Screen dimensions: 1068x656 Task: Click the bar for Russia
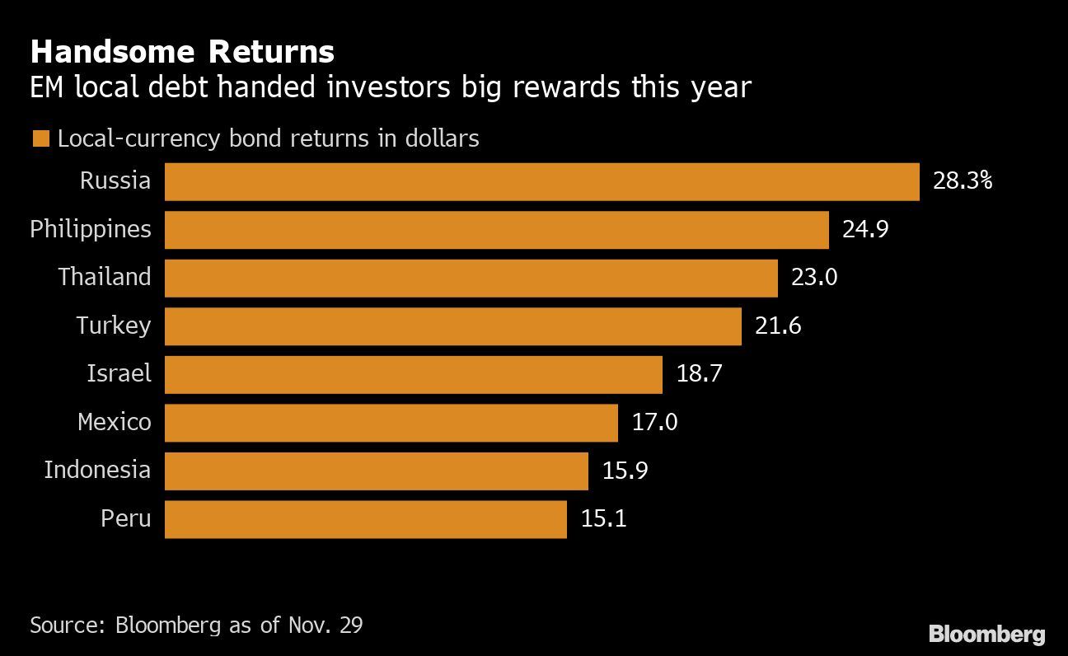pyautogui.click(x=541, y=181)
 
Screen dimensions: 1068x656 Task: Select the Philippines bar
pyautogui.click(x=496, y=230)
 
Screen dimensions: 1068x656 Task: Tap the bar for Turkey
pyautogui.click(x=452, y=326)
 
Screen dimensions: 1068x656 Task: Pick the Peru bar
pyautogui.click(x=365, y=519)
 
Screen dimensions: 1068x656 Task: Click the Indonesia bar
pyautogui.click(x=376, y=471)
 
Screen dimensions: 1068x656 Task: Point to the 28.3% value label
pyautogui.click(x=962, y=181)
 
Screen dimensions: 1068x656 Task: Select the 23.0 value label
pyautogui.click(x=813, y=278)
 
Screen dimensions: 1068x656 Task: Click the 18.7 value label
pyautogui.click(x=699, y=374)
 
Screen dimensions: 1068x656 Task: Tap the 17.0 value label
pyautogui.click(x=654, y=423)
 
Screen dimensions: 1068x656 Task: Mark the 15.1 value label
pyautogui.click(x=603, y=519)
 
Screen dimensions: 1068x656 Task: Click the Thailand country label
pyautogui.click(x=105, y=277)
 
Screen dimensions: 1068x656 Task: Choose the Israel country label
pyautogui.click(x=119, y=373)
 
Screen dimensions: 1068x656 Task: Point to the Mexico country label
pyautogui.click(x=115, y=422)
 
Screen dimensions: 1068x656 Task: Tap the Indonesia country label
pyautogui.click(x=97, y=470)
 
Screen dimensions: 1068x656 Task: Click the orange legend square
pyautogui.click(x=40, y=138)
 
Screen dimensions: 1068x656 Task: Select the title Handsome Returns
pyautogui.click(x=182, y=52)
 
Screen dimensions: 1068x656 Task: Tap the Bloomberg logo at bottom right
pyautogui.click(x=986, y=635)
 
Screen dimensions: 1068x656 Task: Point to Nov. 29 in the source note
pyautogui.click(x=325, y=625)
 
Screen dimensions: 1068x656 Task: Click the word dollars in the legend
pyautogui.click(x=442, y=138)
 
